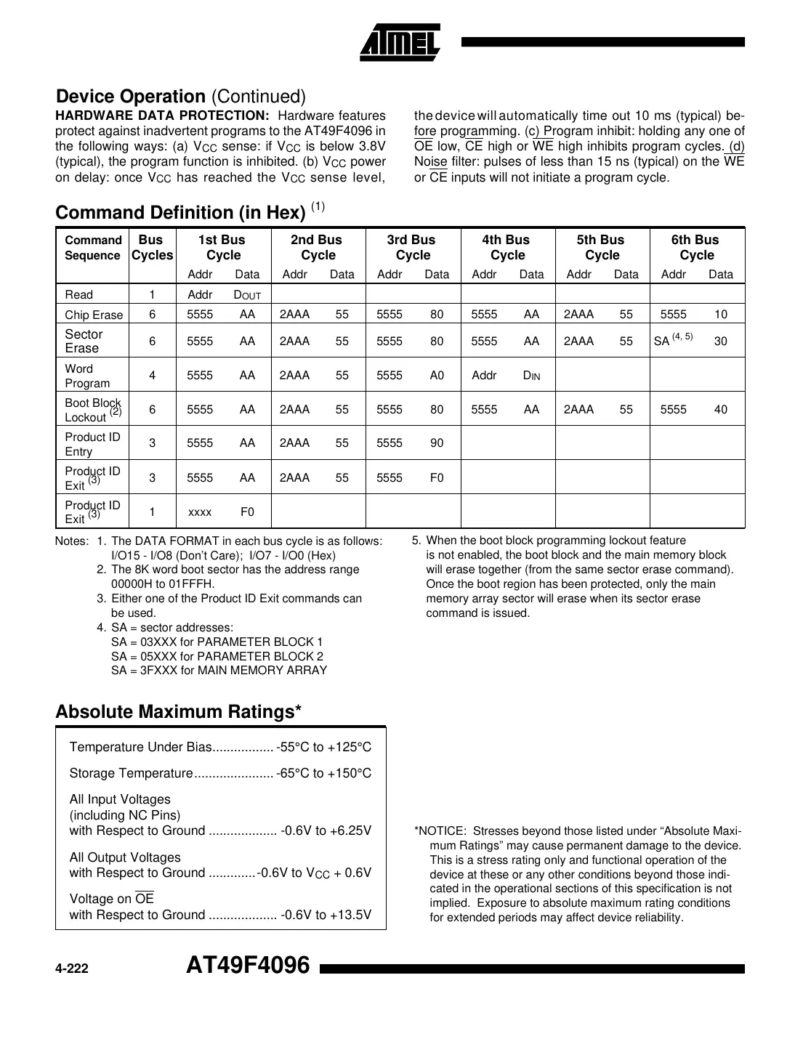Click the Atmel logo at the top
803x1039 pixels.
(400, 41)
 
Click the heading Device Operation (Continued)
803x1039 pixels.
(181, 96)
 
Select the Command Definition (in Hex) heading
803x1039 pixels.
(180, 212)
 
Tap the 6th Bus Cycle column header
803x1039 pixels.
(696, 247)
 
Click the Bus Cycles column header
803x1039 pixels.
(152, 247)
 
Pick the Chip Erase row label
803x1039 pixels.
(94, 315)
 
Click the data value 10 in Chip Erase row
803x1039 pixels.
(720, 315)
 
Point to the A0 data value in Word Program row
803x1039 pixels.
(436, 376)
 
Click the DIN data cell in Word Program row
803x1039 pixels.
(531, 376)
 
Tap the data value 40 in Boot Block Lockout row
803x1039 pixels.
(720, 410)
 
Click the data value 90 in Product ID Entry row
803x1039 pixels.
(436, 443)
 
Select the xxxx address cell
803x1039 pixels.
(200, 512)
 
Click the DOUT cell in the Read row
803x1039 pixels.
(247, 295)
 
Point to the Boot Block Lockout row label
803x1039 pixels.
(93, 410)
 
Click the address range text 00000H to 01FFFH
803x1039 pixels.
(163, 584)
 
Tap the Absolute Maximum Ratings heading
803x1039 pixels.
(178, 711)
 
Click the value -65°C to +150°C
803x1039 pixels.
(324, 773)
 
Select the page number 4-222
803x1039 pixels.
(72, 969)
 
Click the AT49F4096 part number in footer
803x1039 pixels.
(248, 966)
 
